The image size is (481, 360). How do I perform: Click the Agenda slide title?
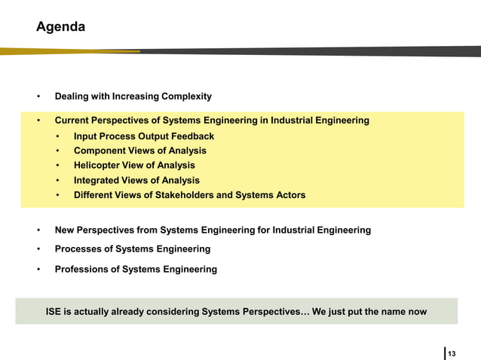(x=60, y=27)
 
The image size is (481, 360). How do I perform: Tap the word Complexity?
(x=186, y=96)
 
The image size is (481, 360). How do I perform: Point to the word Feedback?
(x=193, y=136)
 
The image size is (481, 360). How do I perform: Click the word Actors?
(x=289, y=195)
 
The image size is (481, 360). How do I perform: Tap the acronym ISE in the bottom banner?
(x=55, y=311)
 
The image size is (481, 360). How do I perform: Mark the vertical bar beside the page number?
(x=445, y=352)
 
